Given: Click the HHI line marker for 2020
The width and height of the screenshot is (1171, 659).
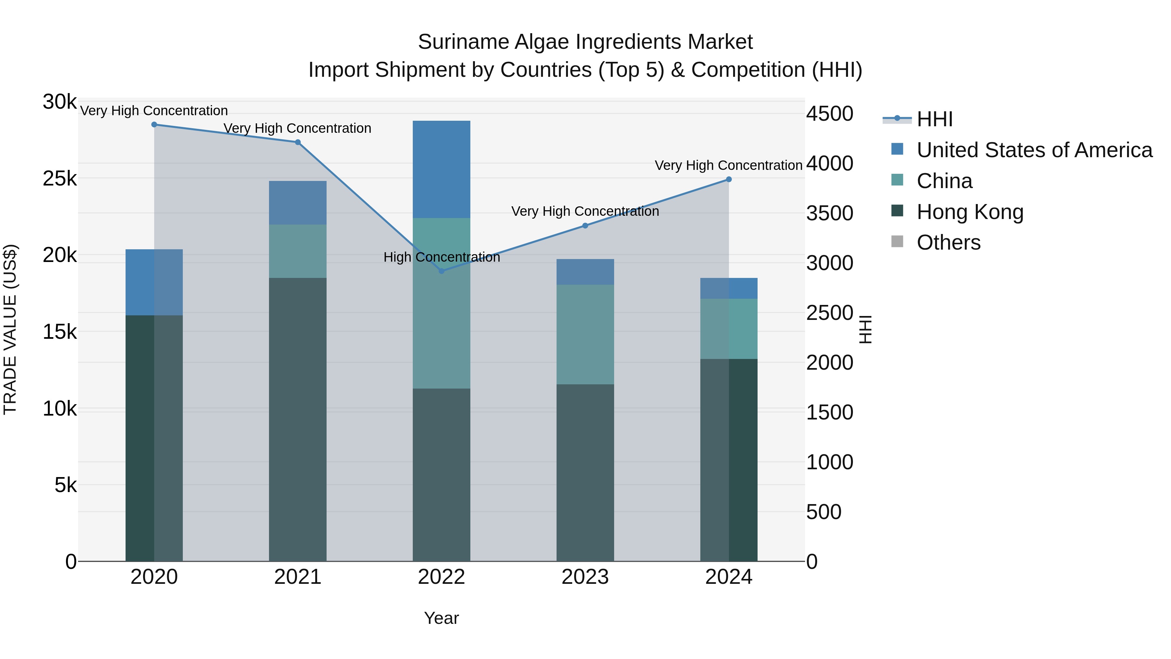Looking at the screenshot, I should point(154,125).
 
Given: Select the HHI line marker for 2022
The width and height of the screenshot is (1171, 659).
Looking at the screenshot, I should point(441,271).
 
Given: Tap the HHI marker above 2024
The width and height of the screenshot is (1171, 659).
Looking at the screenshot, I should point(729,180).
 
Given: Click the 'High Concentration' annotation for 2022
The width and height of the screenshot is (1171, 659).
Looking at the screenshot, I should point(441,257).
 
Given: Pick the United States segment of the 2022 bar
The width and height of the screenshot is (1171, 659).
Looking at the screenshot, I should point(441,169).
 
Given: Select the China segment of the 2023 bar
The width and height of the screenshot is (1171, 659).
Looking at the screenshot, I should point(585,335).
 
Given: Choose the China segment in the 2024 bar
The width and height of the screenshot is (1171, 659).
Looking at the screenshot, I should point(729,329).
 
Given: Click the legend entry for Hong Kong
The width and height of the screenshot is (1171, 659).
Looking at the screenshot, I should point(970,212).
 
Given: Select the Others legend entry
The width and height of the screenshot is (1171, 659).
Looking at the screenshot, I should point(948,243).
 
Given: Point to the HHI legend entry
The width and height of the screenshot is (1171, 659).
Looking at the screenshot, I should point(934,119).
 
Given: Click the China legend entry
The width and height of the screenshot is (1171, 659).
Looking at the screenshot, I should point(944,181).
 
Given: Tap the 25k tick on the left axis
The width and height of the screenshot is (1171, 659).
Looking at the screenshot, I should point(60,179).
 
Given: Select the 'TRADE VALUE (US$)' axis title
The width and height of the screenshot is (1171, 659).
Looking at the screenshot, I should point(10,330).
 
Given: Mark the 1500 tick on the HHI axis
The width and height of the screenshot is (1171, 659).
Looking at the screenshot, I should point(829,413).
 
